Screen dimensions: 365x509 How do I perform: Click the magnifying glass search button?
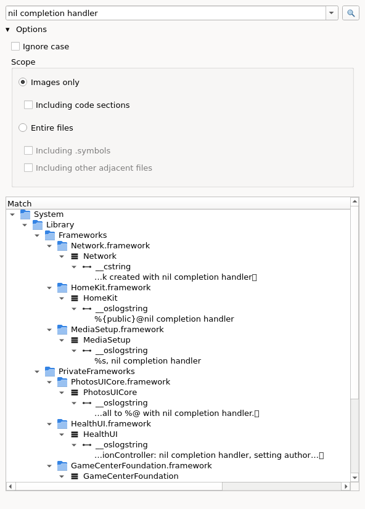[351, 13]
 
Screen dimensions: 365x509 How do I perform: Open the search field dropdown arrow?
[332, 13]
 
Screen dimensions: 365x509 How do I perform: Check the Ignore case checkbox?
[15, 46]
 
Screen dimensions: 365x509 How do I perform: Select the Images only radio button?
[23, 82]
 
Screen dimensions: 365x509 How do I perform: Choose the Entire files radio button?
[23, 128]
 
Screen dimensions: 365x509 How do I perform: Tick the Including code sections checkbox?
[28, 105]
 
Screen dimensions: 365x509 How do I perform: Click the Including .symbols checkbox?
[28, 150]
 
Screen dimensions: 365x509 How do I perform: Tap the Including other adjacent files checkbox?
[28, 168]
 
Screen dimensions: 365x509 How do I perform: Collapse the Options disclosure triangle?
[7, 30]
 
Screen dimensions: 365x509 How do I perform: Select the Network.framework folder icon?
[62, 246]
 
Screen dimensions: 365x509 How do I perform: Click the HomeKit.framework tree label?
[111, 288]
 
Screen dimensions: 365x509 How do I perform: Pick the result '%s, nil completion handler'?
[148, 360]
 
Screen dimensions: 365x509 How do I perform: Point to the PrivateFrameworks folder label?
[96, 372]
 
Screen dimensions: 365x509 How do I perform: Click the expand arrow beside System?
[12, 214]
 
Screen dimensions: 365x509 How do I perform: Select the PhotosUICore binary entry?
[110, 392]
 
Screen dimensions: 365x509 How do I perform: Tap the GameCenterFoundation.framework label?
[141, 465]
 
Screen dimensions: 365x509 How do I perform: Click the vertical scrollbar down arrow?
[355, 478]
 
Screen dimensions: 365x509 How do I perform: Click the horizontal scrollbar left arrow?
[10, 486]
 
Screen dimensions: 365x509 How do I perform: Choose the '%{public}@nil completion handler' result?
[165, 319]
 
